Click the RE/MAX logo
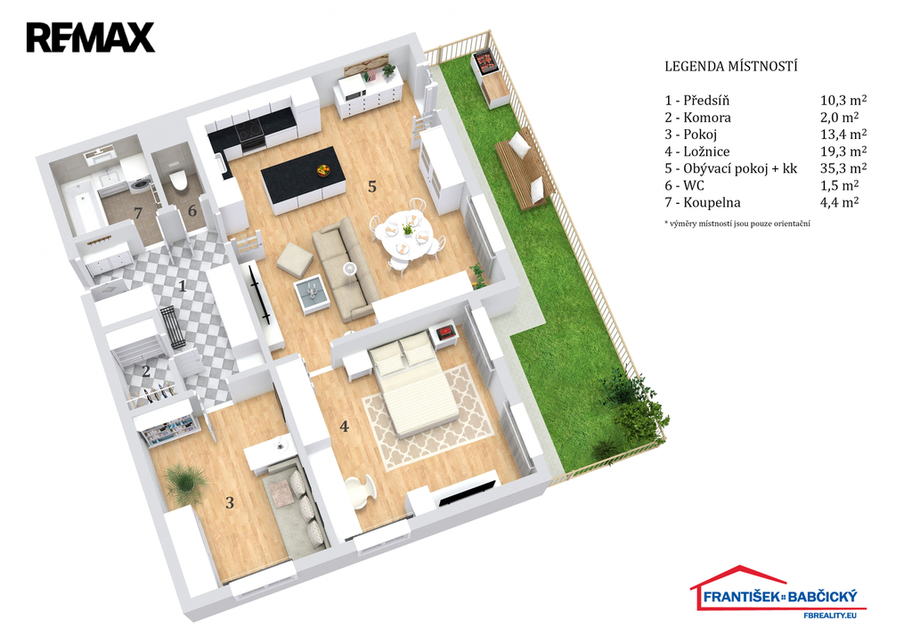point(90,37)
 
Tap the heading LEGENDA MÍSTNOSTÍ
point(730,66)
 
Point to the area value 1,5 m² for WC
point(839,185)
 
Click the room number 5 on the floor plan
point(373,187)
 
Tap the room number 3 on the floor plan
point(230,502)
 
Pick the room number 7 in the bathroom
point(138,212)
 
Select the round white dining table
point(403,233)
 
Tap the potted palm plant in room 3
point(185,482)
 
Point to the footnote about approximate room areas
point(737,224)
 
